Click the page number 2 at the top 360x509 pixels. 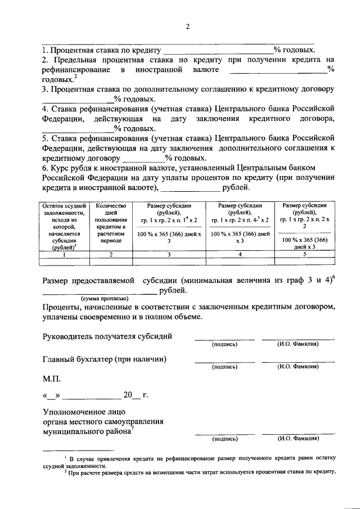coord(188,26)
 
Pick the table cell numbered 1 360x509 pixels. coord(64,254)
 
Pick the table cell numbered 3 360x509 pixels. coord(169,254)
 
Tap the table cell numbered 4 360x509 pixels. coord(240,254)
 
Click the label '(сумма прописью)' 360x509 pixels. coord(105,298)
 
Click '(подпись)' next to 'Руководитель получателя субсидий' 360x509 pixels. coord(224,345)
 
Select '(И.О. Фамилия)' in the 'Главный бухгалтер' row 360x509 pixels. coord(298,366)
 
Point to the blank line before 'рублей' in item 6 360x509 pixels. coord(190,190)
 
